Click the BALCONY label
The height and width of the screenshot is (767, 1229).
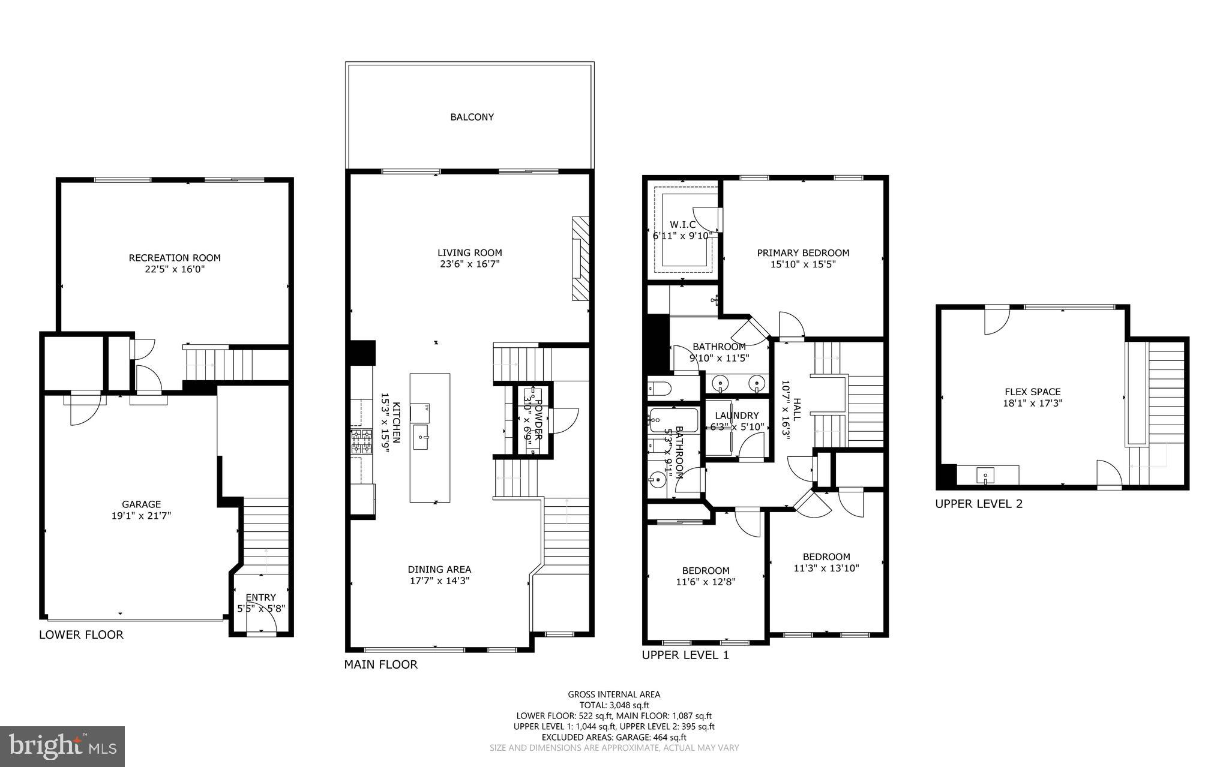coord(472,117)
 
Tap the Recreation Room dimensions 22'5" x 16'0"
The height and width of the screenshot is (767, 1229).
coord(175,269)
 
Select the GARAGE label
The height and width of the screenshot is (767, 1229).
coord(142,504)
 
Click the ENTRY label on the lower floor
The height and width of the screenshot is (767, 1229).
coord(260,597)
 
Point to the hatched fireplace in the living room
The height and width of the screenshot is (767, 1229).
coord(580,258)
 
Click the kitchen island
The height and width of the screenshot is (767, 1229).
coord(430,438)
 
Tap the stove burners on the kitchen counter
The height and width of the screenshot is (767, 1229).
coord(361,440)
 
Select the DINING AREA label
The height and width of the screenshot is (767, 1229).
coord(439,569)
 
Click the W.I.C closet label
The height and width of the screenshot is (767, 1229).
coord(683,224)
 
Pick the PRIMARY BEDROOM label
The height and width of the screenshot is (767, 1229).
coord(803,252)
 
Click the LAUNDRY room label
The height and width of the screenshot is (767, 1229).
coord(737,415)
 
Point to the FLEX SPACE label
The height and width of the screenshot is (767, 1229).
coord(1032,392)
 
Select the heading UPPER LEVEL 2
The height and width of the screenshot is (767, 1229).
coord(978,504)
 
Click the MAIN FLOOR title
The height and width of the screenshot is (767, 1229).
coord(380,664)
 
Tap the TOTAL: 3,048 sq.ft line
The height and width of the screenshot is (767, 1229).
coord(614,705)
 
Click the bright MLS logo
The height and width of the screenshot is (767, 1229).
coord(62,746)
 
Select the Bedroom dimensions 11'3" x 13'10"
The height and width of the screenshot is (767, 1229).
coord(826,568)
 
